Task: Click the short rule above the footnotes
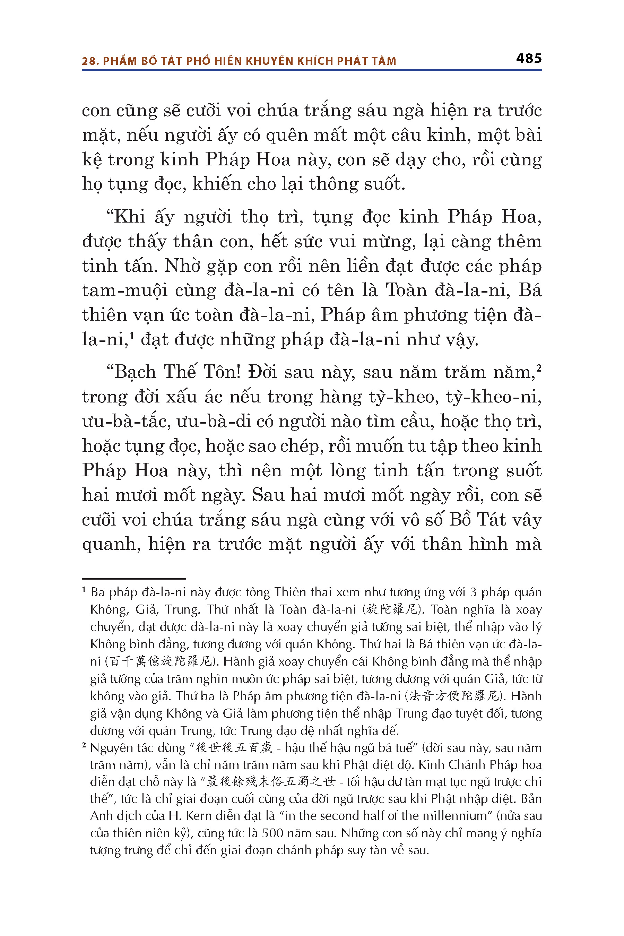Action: pyautogui.click(x=134, y=579)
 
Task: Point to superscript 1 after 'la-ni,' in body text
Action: pyautogui.click(x=131, y=335)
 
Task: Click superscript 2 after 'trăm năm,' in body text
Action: pyautogui.click(x=539, y=368)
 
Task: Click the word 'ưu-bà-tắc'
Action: pyautogui.click(x=126, y=422)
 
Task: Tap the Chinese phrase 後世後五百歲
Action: pyautogui.click(x=234, y=748)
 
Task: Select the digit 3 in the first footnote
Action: pyautogui.click(x=473, y=592)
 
